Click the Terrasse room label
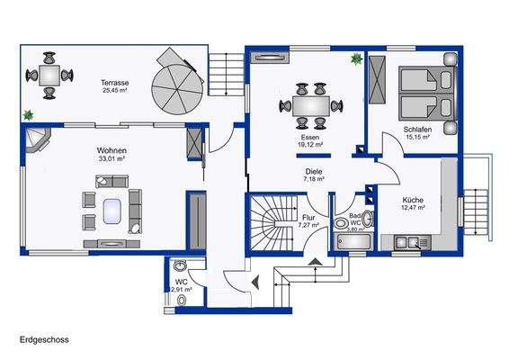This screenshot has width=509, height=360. pyautogui.click(x=116, y=81)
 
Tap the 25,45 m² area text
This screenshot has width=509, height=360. pyautogui.click(x=116, y=90)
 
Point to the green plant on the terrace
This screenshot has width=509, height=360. pyautogui.click(x=30, y=114)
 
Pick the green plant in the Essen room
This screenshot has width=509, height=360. pyautogui.click(x=356, y=59)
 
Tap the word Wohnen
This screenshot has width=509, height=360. pyautogui.click(x=112, y=150)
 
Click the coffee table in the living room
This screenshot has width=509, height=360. pyautogui.click(x=112, y=211)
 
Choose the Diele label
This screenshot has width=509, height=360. pyautogui.click(x=313, y=171)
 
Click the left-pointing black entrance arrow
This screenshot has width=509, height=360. pyautogui.click(x=256, y=283)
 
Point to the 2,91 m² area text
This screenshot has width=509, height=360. pyautogui.click(x=182, y=289)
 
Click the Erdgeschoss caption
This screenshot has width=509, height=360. pyautogui.click(x=44, y=340)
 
